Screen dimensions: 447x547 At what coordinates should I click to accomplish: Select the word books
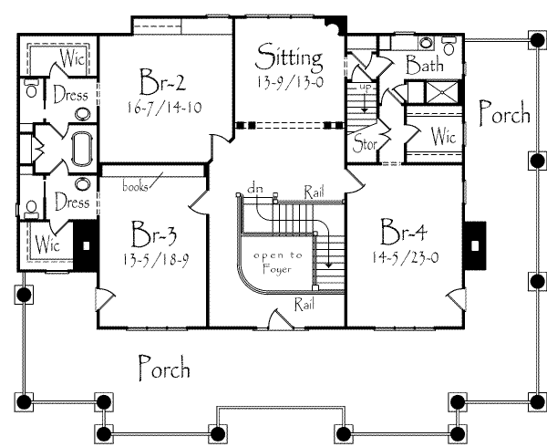[x=136, y=187]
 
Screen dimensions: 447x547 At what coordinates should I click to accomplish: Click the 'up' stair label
[x=366, y=88]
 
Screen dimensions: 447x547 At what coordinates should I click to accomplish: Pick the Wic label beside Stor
[x=443, y=138]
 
